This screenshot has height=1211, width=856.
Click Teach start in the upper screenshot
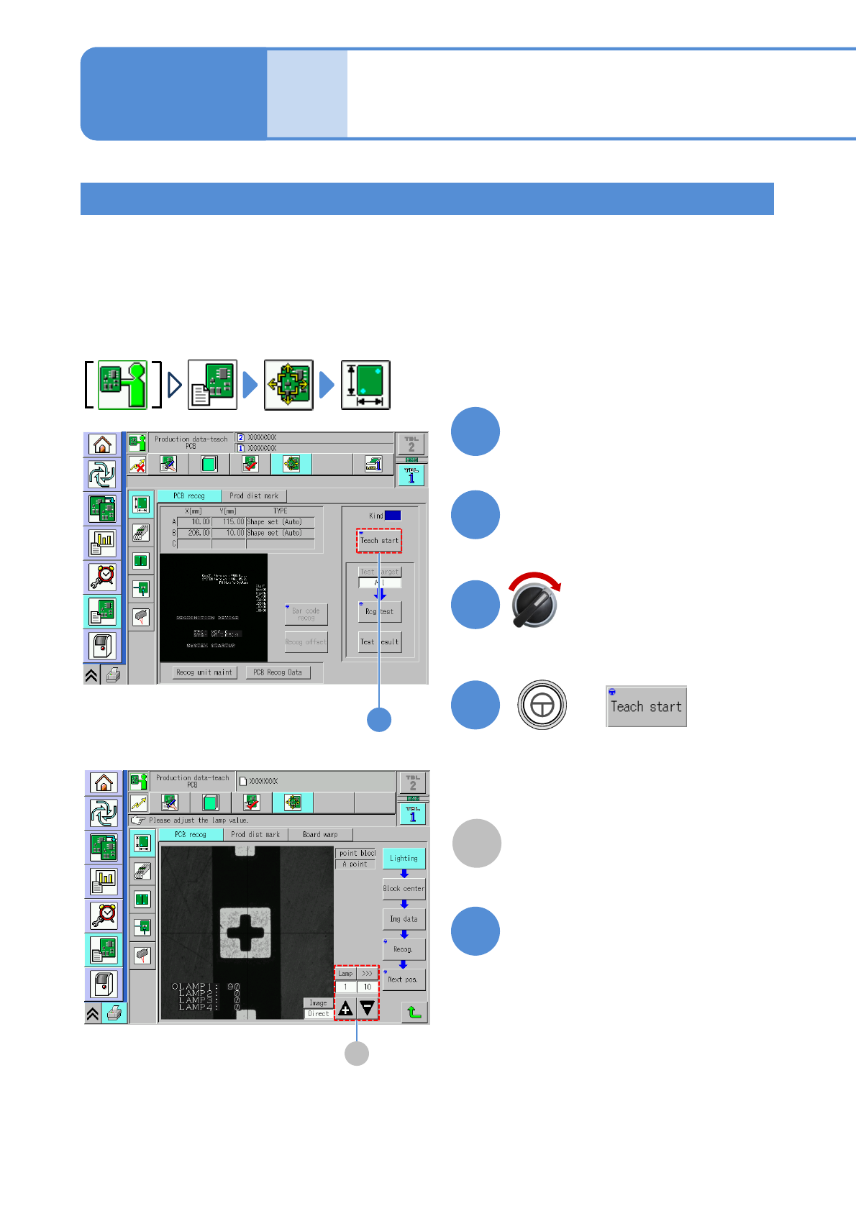tap(379, 540)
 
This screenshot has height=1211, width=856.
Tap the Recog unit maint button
tap(204, 672)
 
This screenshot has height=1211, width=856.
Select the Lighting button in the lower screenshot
tap(404, 858)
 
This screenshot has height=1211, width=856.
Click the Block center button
tap(404, 888)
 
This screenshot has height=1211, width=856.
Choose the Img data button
tap(404, 919)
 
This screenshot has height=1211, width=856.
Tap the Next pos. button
tap(404, 979)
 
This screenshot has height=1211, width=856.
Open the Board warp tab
tap(320, 834)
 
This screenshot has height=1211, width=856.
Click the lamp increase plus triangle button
tap(346, 1008)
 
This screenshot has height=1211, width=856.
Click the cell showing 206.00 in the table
tap(194, 533)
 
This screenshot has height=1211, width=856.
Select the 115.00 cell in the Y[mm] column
tap(229, 522)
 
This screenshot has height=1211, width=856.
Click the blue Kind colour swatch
tap(393, 515)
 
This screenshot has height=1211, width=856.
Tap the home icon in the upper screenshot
tap(102, 444)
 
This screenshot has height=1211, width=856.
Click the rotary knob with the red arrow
tap(534, 605)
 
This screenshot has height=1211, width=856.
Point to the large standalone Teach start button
tap(646, 706)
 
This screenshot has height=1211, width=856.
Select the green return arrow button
tap(414, 1012)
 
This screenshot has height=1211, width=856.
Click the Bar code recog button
tap(306, 614)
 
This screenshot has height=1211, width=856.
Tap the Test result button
tap(379, 641)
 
